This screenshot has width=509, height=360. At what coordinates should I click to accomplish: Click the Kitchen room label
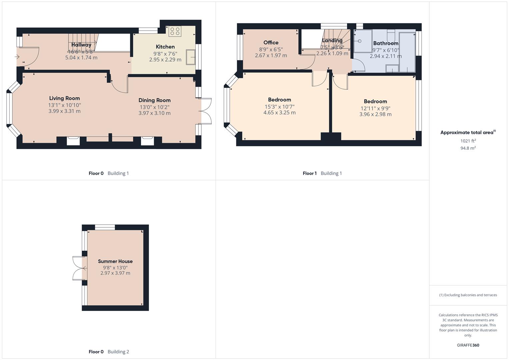[165, 47]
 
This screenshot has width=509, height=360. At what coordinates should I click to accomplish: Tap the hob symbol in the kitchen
[175, 31]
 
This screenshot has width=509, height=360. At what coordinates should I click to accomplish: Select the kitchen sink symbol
[191, 57]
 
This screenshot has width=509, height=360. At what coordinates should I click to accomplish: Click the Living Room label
[64, 98]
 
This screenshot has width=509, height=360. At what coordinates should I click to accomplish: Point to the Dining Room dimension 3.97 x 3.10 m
[154, 113]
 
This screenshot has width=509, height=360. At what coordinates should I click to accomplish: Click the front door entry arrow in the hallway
[17, 57]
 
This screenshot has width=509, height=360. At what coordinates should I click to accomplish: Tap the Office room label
[271, 43]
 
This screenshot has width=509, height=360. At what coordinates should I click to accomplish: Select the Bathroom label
[386, 43]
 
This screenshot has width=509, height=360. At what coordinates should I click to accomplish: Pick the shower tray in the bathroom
[363, 41]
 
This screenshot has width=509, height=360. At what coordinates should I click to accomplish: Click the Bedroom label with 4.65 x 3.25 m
[279, 100]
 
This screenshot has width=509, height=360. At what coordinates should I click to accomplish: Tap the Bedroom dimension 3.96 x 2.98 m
[375, 114]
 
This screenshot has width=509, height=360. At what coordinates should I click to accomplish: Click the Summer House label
[115, 261]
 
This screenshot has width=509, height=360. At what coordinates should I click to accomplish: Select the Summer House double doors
[79, 268]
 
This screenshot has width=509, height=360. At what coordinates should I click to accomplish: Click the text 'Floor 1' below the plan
[310, 173]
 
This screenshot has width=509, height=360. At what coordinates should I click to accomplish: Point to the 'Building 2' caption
[118, 352]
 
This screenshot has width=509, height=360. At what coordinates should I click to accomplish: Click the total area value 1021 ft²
[468, 141]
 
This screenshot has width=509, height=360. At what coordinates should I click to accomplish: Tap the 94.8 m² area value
[468, 148]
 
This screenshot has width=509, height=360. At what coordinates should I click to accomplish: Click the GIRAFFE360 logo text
[468, 345]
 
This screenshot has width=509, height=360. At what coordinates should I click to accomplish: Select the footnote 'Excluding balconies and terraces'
[468, 295]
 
